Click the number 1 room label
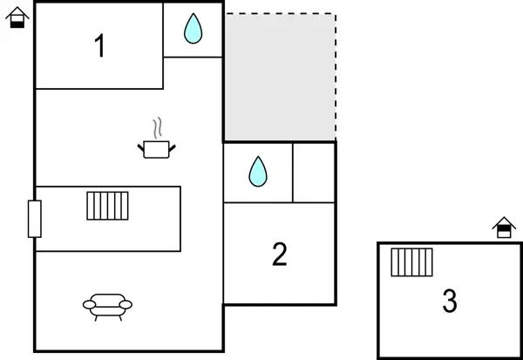pos(100,45)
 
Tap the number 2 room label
pos(279,254)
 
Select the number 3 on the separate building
pos(449,301)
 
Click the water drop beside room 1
pos(193,30)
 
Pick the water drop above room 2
pos(257,172)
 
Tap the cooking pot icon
pos(157,149)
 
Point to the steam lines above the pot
pos(157,129)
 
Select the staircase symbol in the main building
pos(107,206)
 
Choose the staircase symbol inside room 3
pos(411,262)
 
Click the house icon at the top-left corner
pos(17,17)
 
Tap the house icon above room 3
pos(504,228)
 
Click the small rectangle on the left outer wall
pos(35,218)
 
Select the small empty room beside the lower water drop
pos(314,172)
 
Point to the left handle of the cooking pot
pos(141,148)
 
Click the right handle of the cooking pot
pos(173,148)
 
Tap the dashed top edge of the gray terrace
pos(279,13)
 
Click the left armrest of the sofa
pos(88,304)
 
